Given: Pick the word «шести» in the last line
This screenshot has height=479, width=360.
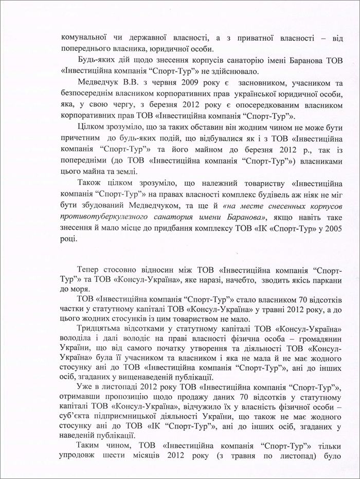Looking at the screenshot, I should click(x=126, y=456).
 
